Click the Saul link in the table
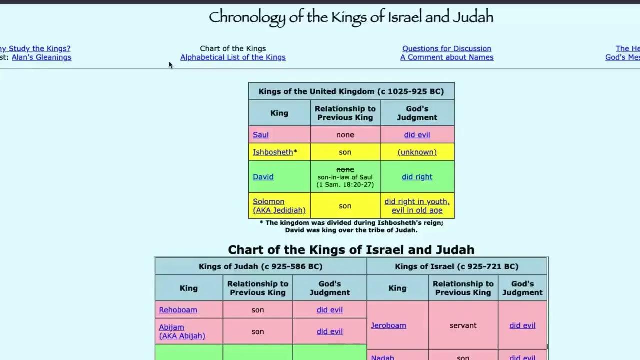click(x=261, y=135)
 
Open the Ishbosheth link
click(x=273, y=152)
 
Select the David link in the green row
click(x=263, y=177)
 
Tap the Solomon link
click(x=268, y=202)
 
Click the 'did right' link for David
click(x=417, y=177)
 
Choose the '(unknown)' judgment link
click(x=417, y=152)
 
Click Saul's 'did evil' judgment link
click(x=417, y=135)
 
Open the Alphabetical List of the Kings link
click(x=233, y=57)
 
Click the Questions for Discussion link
click(x=447, y=49)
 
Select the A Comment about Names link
click(x=447, y=57)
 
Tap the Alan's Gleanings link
click(x=41, y=57)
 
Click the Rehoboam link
click(x=178, y=310)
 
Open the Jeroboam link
click(x=388, y=325)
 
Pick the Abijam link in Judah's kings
click(x=171, y=327)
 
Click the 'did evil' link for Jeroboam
click(x=522, y=325)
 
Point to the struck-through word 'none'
click(x=345, y=169)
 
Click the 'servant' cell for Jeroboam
click(x=463, y=325)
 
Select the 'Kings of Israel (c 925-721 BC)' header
click(x=457, y=266)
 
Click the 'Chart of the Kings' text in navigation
click(x=233, y=49)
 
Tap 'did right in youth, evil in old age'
click(x=417, y=206)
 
